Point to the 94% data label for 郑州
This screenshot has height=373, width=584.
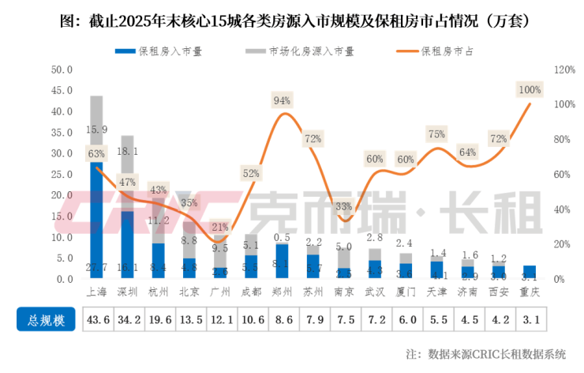[x=282, y=100]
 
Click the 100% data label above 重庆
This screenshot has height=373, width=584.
[x=529, y=89]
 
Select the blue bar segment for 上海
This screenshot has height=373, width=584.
[x=97, y=221]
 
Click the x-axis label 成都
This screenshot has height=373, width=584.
[x=251, y=292]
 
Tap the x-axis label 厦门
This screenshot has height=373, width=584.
[x=406, y=292]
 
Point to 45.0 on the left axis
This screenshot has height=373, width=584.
[x=62, y=90]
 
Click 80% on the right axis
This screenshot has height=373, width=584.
[x=561, y=140]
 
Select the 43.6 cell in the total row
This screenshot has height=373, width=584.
[x=97, y=320]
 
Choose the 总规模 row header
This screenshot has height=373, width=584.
[x=47, y=320]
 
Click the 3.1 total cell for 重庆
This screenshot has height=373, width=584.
[x=530, y=320]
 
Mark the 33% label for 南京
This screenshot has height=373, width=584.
[x=344, y=206]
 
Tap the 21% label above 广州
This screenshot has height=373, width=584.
[x=221, y=227]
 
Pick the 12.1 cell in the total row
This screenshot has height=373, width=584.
[x=220, y=320]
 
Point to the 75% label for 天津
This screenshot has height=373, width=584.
[x=436, y=134]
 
